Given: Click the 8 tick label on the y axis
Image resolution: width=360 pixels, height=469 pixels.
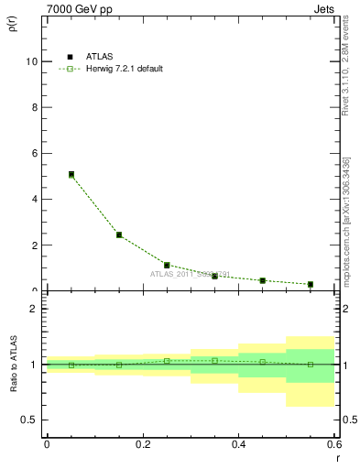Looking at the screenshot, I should pyautogui.click(x=36, y=107).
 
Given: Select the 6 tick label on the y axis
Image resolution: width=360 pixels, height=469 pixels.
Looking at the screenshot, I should pyautogui.click(x=36, y=153).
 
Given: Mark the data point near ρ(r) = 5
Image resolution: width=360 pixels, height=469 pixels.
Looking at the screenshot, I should pyautogui.click(x=71, y=174).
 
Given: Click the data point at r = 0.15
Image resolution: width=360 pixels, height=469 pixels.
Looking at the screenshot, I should pyautogui.click(x=119, y=234).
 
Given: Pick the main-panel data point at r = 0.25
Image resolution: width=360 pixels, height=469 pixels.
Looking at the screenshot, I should pyautogui.click(x=167, y=265).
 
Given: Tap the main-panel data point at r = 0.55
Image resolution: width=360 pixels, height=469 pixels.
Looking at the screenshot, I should pyautogui.click(x=310, y=284).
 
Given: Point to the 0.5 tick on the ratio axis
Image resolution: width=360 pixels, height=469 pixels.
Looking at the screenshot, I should pyautogui.click(x=30, y=420).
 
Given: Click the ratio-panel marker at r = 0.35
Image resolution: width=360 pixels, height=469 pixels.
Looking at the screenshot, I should pyautogui.click(x=214, y=360).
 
